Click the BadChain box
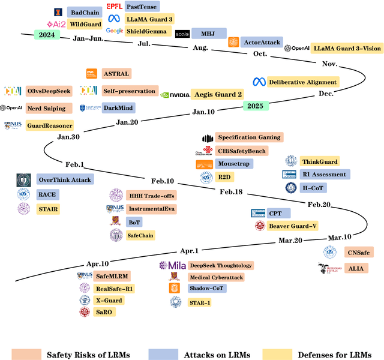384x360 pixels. click(x=83, y=12)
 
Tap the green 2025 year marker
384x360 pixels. click(x=256, y=106)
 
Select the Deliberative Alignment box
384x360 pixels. click(x=302, y=82)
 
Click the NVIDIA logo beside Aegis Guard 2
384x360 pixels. click(x=175, y=95)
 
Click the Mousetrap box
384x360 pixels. click(x=234, y=164)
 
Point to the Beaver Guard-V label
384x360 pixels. click(x=293, y=226)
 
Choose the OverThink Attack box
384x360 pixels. click(x=63, y=180)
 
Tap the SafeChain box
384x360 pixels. click(x=140, y=235)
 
